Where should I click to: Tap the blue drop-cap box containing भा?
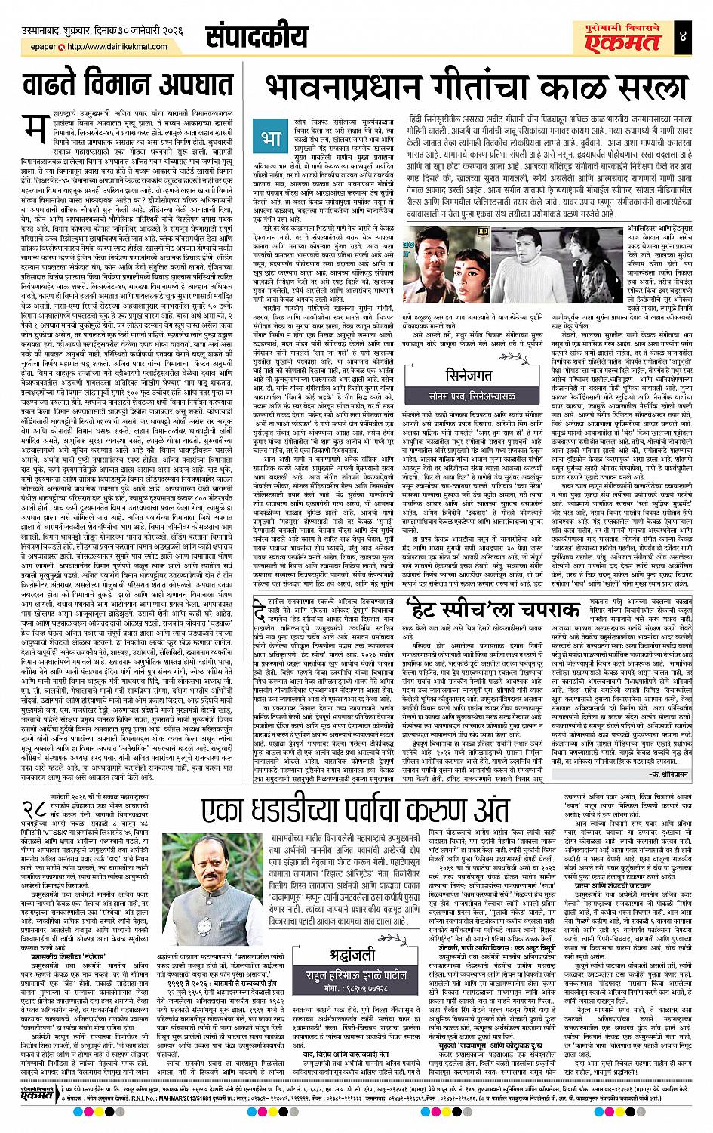(272, 138)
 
